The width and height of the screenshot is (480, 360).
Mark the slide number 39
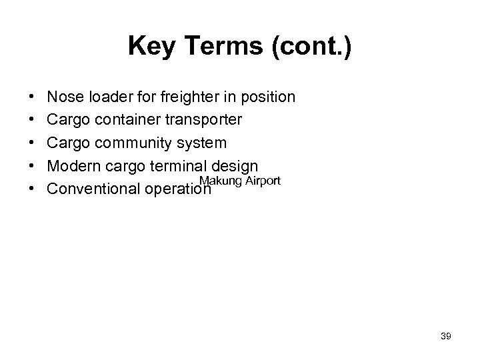[445, 337]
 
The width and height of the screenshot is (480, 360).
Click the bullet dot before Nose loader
[33, 98]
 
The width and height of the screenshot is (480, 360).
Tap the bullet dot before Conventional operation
[33, 189]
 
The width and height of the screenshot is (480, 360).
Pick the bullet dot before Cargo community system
[33, 143]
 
